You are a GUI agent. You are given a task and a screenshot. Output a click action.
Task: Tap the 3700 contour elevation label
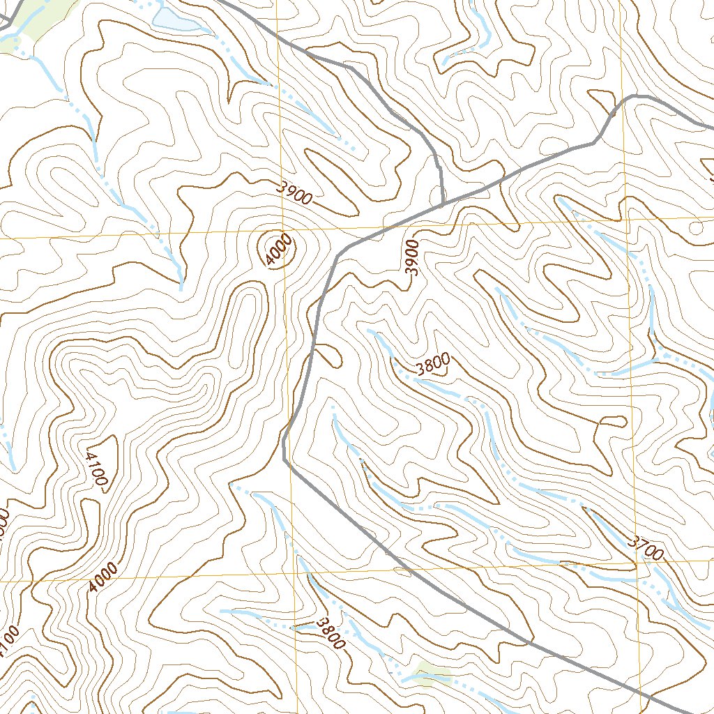644,548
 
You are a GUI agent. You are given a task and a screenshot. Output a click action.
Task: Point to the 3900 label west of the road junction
292,192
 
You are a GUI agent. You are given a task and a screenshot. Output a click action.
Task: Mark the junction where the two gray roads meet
443,205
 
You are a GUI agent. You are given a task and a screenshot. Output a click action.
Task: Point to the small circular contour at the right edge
695,228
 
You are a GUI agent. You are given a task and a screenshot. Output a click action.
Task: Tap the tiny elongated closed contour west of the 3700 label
612,420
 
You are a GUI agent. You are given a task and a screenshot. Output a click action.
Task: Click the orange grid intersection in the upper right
625,222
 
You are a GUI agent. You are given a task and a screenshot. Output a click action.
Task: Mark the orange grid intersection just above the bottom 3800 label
296,577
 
